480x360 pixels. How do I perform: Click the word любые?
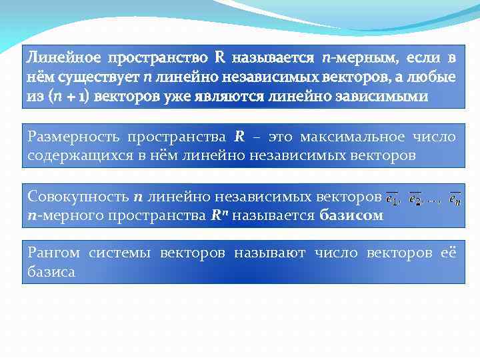[432, 77]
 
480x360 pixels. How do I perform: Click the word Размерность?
[71, 137]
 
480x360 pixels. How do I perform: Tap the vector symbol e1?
[394, 198]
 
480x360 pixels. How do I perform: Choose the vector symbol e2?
[416, 198]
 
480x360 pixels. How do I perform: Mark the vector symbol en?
[455, 198]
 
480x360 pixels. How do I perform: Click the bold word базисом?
[351, 216]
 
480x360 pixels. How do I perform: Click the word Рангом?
[54, 253]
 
